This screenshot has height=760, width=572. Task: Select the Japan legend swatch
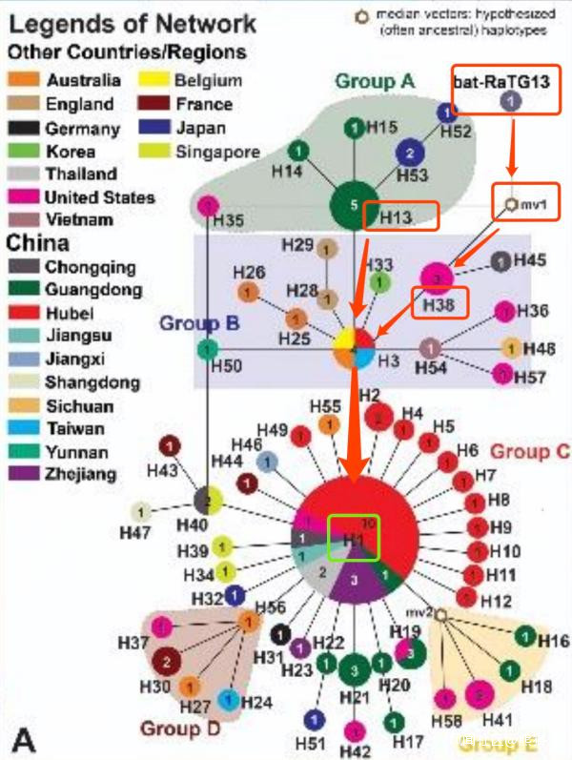(x=159, y=128)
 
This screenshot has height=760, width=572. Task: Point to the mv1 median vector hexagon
(x=510, y=203)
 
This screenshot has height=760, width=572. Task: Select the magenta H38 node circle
(x=437, y=278)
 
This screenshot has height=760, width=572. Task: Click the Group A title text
(x=374, y=82)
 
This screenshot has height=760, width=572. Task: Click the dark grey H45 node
(x=500, y=260)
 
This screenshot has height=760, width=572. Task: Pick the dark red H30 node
(x=167, y=660)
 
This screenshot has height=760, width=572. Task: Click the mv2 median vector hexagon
(x=440, y=616)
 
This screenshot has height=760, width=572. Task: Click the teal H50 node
(x=203, y=350)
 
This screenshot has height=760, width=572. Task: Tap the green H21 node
(x=354, y=669)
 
